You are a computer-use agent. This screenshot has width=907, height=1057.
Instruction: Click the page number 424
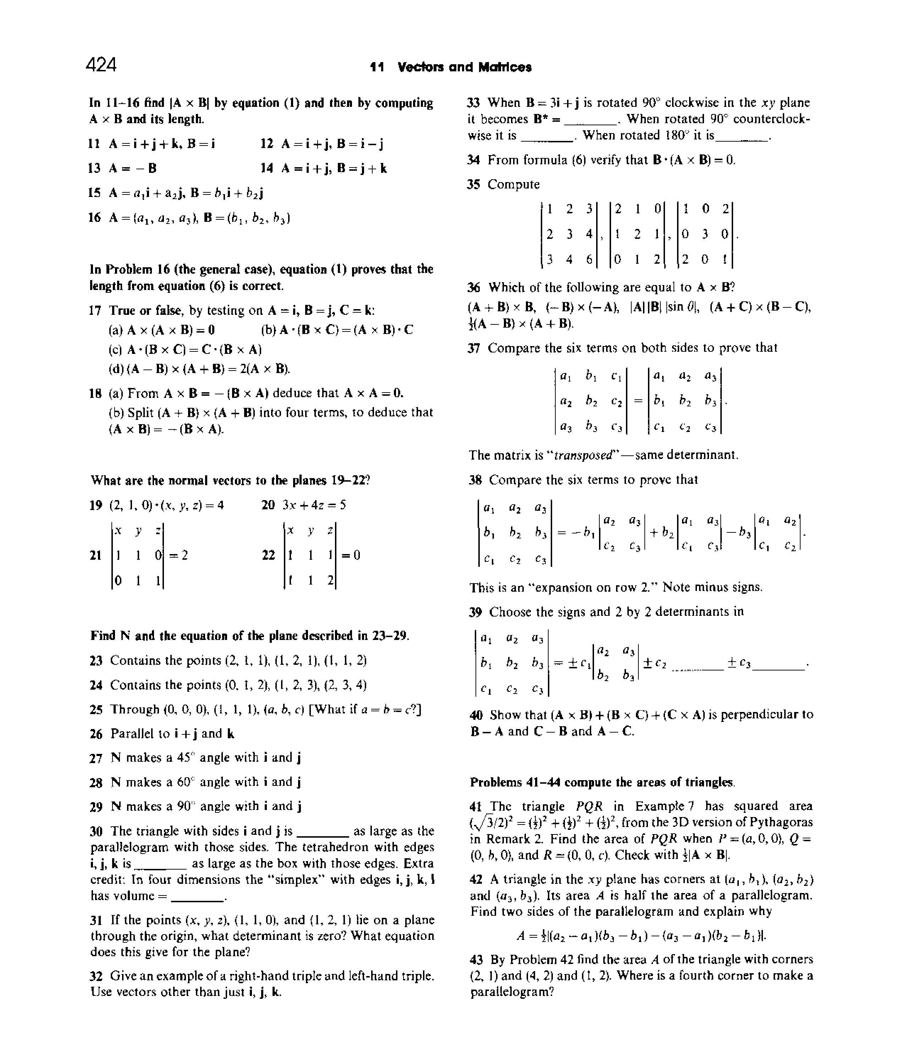[x=101, y=65]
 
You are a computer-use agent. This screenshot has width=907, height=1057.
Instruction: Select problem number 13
[x=94, y=168]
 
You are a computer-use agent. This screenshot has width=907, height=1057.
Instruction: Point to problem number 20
[x=268, y=505]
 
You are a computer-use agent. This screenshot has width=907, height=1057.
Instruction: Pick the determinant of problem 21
[x=137, y=555]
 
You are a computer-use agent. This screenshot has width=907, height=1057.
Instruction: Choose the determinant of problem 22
[x=310, y=555]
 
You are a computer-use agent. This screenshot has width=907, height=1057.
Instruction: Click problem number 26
[x=96, y=734]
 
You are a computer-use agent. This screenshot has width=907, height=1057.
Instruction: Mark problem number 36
[x=474, y=288]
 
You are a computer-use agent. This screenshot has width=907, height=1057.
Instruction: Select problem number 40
[x=477, y=715]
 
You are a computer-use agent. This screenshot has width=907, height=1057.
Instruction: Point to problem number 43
[x=477, y=959]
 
